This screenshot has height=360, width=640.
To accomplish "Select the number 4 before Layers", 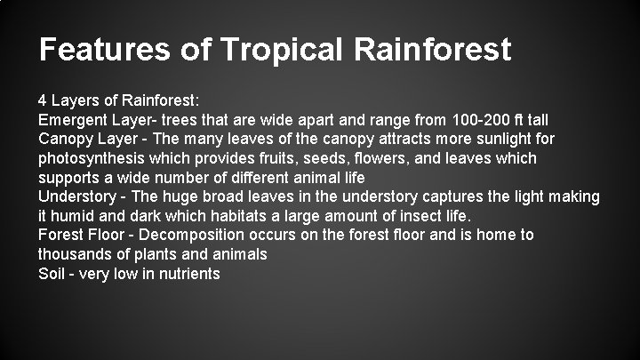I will pos(44,100).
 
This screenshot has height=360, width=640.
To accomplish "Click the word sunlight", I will pos(500,139).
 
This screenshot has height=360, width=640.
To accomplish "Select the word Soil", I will pos(52,274).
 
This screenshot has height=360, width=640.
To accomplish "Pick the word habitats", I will pos(238,216).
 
